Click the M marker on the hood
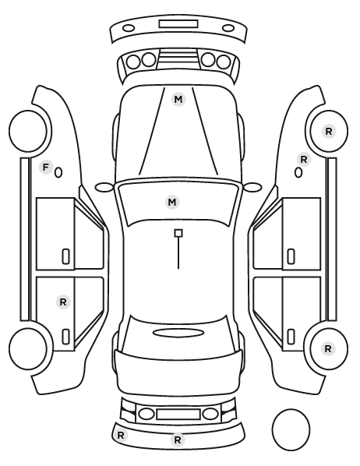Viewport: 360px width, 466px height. [178, 99]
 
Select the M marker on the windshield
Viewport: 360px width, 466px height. [172, 203]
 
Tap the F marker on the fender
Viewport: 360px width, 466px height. [45, 168]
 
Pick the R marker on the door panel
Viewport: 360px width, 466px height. [63, 302]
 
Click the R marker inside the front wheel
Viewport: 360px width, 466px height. [329, 132]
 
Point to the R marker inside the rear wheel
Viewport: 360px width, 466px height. [328, 348]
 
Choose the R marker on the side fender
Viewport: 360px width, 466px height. [304, 160]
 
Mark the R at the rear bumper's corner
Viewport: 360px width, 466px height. [121, 436]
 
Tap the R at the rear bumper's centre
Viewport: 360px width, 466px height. [178, 440]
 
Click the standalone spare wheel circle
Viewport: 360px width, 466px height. [291, 429]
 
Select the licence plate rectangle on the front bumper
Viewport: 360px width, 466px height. [178, 24]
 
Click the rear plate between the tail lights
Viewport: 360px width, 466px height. [178, 414]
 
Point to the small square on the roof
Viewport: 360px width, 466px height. [178, 233]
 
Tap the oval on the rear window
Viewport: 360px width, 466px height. [178, 334]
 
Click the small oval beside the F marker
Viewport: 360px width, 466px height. [58, 173]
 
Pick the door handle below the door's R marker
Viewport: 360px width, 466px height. [66, 337]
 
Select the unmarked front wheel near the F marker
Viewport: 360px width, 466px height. [28, 132]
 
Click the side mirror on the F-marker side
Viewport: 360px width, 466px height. [104, 187]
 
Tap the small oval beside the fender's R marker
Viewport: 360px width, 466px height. [298, 173]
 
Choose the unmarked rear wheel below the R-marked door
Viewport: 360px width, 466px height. [28, 349]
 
